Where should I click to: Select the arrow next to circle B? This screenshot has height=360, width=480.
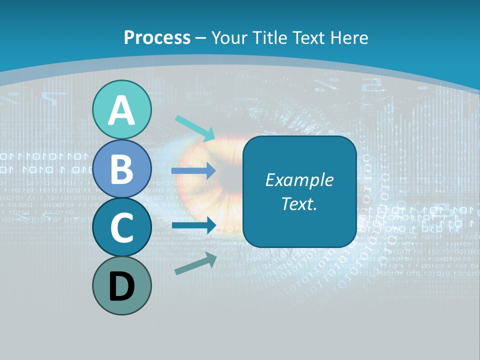(193, 171)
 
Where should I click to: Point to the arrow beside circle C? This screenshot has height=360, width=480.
(193, 225)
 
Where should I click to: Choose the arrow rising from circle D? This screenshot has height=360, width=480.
(195, 263)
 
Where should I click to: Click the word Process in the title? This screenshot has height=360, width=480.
(157, 37)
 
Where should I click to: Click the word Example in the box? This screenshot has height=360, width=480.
(299, 180)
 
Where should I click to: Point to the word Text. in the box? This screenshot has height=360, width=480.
(299, 204)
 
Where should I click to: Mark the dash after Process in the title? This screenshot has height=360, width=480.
(201, 38)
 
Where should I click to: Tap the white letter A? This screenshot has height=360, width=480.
(121, 111)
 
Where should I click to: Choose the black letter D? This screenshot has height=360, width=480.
(121, 287)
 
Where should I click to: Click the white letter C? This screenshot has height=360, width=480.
(121, 228)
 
